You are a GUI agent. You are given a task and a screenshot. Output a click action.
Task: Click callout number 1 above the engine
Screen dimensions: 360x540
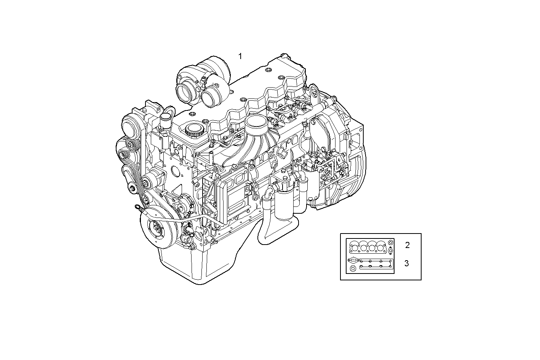[240, 56]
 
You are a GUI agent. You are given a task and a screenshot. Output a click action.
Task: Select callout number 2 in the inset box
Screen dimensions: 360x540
[407, 245]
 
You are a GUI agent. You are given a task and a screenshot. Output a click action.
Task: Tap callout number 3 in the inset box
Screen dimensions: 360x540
[407, 263]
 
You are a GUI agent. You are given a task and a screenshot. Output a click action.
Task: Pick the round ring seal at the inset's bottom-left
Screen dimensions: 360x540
[353, 269]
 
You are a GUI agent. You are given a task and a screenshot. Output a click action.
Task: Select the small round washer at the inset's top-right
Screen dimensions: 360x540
[391, 242]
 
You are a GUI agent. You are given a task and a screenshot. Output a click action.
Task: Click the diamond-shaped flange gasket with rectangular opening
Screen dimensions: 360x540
[353, 261]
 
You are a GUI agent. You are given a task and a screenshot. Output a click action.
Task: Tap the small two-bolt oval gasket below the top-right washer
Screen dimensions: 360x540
[390, 250]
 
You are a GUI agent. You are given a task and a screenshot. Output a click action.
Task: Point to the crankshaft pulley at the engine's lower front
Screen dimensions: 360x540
[157, 228]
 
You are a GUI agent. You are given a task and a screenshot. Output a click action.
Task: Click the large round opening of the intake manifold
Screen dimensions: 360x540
[256, 122]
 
